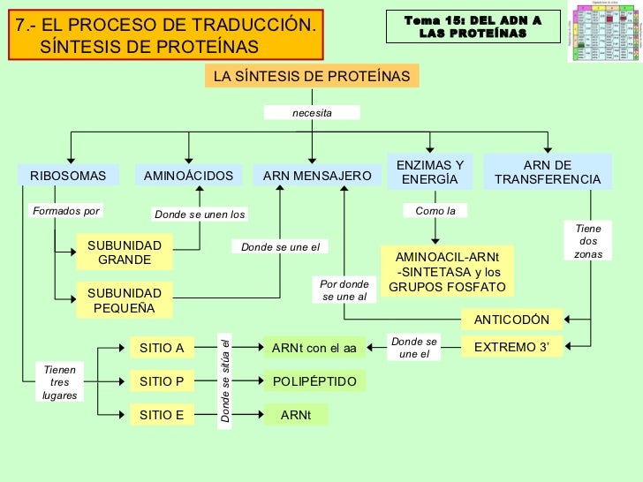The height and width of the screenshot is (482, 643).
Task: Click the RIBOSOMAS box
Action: [x=68, y=176]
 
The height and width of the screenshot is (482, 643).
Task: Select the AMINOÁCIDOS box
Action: [x=188, y=176]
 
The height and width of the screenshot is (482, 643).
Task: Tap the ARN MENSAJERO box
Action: [x=317, y=176]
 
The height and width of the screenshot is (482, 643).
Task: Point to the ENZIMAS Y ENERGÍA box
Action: [x=430, y=172]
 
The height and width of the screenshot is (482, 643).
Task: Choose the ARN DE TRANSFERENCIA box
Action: [x=548, y=172]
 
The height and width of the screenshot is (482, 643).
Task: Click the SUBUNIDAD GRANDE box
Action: [x=125, y=252]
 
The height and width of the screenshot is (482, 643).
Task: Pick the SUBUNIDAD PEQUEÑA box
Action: [x=125, y=300]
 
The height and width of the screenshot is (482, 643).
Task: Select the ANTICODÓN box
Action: [x=511, y=320]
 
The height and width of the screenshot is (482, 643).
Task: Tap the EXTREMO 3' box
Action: [x=511, y=348]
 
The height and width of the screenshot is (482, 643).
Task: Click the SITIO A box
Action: [x=162, y=348]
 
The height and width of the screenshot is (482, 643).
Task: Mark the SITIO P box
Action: [x=162, y=381]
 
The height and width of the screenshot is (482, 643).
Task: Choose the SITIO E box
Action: [x=162, y=414]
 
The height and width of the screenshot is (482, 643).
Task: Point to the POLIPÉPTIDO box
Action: [x=314, y=381]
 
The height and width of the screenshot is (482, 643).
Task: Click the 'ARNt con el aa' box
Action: [x=314, y=348]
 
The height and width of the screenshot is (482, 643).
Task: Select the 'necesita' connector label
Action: [x=312, y=113]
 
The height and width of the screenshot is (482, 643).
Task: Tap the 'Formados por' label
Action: [x=66, y=211]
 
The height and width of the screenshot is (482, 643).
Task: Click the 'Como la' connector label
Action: [x=435, y=211]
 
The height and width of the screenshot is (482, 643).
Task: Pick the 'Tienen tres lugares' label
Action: [x=60, y=382]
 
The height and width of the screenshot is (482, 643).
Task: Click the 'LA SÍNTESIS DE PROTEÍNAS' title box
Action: [x=312, y=76]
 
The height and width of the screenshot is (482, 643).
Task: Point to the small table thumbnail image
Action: [x=605, y=32]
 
